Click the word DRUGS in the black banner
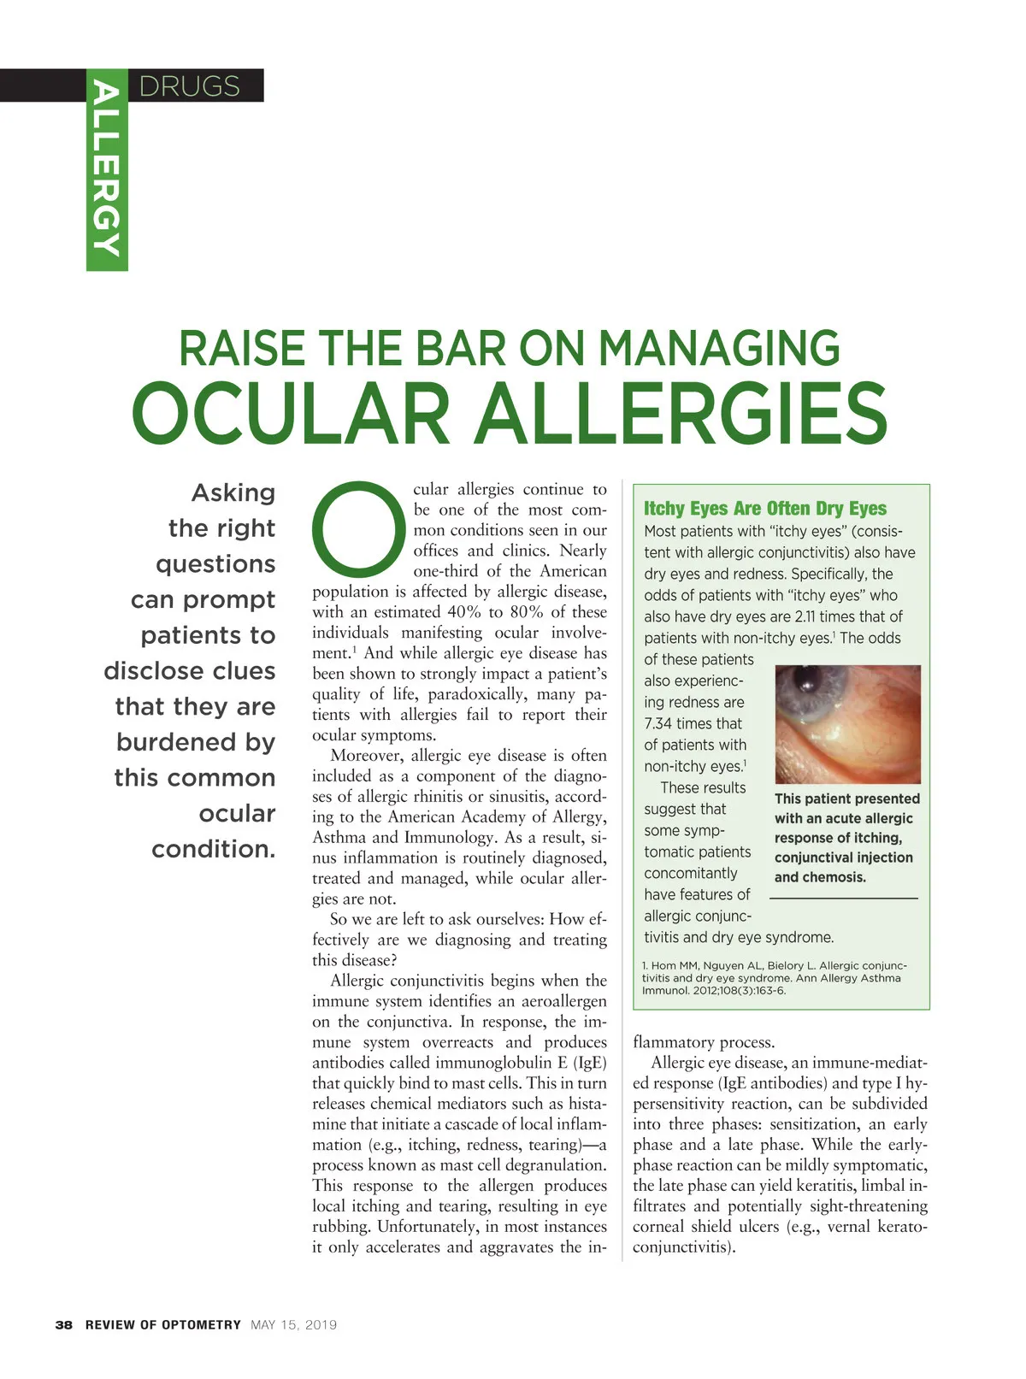click(x=189, y=86)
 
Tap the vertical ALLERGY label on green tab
click(x=106, y=168)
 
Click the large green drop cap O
click(x=358, y=527)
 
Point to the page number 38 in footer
click(x=64, y=1325)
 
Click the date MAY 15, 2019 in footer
click(x=294, y=1325)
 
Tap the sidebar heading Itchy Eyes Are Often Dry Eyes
click(x=765, y=509)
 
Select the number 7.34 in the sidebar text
click(x=658, y=724)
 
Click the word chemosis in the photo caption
click(x=833, y=877)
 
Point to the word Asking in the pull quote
click(x=233, y=492)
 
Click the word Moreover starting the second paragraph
click(x=367, y=756)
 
